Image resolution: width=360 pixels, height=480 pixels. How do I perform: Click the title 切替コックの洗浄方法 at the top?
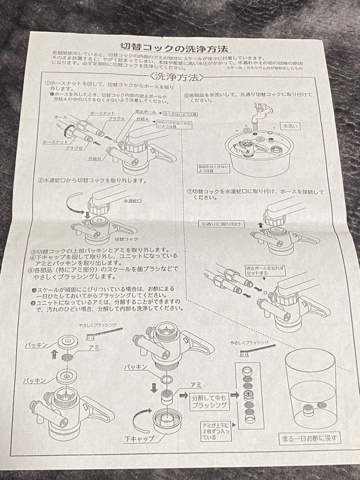click(175, 47)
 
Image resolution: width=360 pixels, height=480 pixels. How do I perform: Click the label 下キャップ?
click(139, 439)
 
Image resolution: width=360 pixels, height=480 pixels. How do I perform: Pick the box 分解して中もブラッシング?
click(210, 401)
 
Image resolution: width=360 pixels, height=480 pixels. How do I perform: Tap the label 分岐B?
click(94, 158)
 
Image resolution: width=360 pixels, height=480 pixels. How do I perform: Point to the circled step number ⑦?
click(189, 192)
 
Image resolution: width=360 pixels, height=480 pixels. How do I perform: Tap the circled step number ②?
click(40, 181)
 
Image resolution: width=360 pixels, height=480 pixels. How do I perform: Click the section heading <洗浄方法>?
click(177, 77)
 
